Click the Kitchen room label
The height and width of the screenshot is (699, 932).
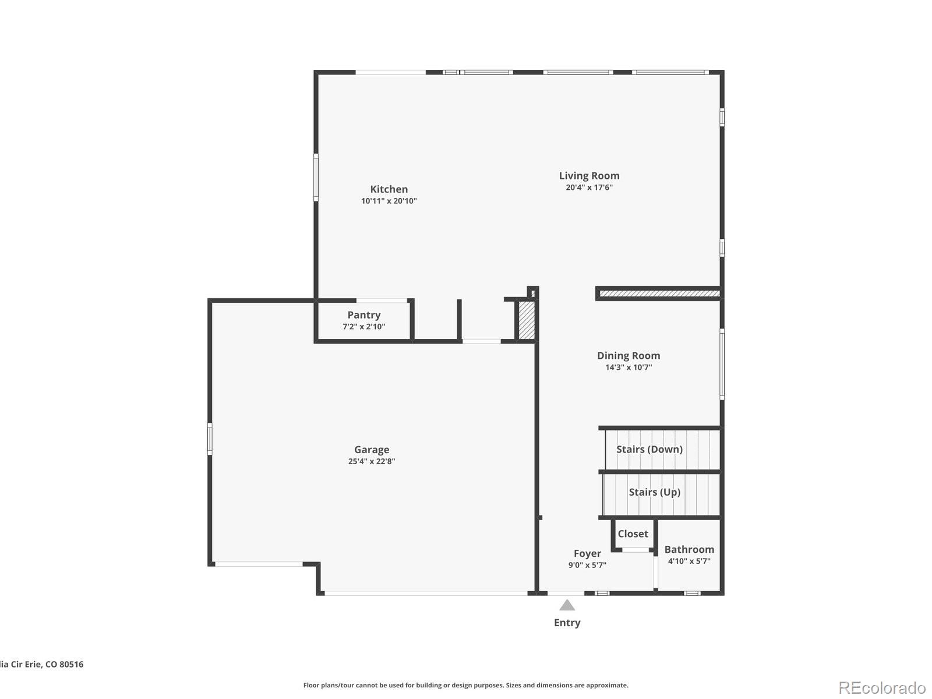[389, 189]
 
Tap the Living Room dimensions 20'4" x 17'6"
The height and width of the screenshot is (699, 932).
[589, 188]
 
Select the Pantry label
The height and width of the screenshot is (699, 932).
[363, 315]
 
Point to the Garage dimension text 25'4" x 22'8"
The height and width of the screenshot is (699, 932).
[372, 461]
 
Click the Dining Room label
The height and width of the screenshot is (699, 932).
[628, 355]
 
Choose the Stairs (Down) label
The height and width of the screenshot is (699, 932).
[649, 449]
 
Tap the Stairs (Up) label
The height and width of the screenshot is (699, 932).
[654, 492]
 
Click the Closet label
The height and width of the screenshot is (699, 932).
[633, 534]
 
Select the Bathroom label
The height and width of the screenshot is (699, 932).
[689, 549]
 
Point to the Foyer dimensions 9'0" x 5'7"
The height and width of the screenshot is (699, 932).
[587, 565]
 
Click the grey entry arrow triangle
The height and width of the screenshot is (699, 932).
[567, 606]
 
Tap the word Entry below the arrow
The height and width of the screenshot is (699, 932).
[567, 623]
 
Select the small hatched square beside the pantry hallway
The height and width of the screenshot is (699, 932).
[526, 320]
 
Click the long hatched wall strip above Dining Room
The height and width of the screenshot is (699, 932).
[659, 294]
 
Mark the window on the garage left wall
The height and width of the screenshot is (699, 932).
[210, 439]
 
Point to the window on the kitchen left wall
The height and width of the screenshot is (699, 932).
[316, 177]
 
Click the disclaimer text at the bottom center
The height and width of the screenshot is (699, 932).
[465, 686]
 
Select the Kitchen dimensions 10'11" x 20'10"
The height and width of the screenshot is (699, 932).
[389, 201]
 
